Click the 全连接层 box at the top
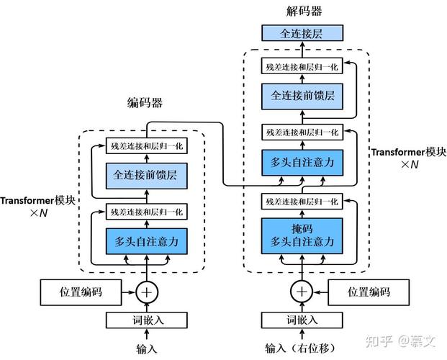click(x=302, y=33)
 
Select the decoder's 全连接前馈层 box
click(x=302, y=96)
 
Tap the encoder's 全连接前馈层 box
click(x=147, y=176)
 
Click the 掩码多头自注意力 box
click(x=302, y=236)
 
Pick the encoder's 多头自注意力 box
click(x=147, y=241)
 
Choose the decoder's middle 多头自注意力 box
click(x=302, y=163)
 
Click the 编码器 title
click(x=145, y=103)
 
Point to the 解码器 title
click(x=304, y=11)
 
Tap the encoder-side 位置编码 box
click(x=81, y=292)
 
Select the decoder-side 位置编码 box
click(x=369, y=292)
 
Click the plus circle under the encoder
click(x=147, y=292)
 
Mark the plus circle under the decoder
click(x=302, y=292)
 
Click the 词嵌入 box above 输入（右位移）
click(x=302, y=320)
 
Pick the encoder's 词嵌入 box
click(x=147, y=320)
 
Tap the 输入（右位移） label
click(x=300, y=348)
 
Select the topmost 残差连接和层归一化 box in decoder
click(x=302, y=66)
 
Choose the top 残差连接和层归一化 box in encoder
click(x=147, y=145)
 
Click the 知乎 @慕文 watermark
click(x=400, y=341)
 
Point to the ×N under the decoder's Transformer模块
click(x=410, y=164)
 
